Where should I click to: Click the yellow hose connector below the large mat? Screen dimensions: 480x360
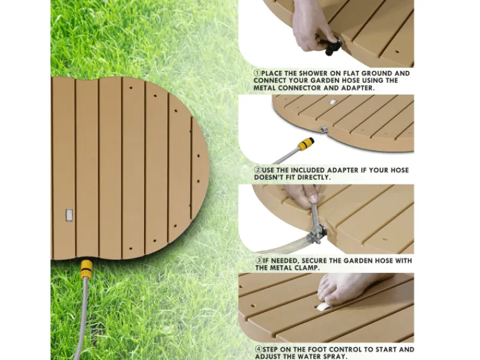[86, 269]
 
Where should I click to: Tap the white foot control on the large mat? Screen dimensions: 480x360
[69, 215]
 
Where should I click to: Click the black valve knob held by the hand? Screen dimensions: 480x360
[332, 46]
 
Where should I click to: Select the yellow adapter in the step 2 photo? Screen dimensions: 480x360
[306, 144]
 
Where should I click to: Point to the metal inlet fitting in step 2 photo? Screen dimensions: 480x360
[323, 129]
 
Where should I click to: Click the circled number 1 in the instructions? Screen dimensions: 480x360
[257, 73]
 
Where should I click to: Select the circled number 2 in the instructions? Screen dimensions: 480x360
[258, 170]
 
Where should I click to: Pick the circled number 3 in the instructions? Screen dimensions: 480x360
[259, 261]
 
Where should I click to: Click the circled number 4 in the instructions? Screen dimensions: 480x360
[259, 350]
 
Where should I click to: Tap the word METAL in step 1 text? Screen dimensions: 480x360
[264, 88]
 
